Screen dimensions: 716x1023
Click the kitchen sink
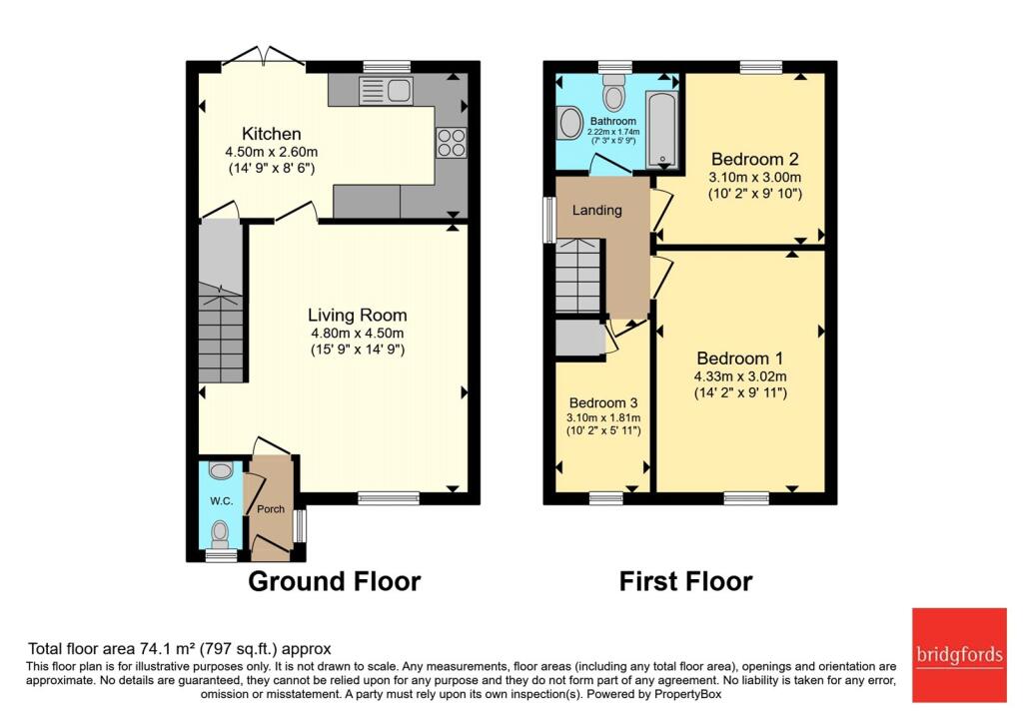386,91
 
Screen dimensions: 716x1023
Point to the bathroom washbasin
570,123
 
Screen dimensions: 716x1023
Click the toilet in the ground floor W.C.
220,531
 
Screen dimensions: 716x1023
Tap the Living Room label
357,315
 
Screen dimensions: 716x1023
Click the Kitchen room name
271,134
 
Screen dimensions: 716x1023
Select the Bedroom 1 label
740,358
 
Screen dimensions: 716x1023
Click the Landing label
597,210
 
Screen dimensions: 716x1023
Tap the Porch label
271,508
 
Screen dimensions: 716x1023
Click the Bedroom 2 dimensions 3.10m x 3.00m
754,178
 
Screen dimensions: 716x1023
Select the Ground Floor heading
334,581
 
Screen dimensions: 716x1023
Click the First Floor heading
685,581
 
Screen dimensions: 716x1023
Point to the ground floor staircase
221,310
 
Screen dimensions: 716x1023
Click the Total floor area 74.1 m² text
179,648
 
